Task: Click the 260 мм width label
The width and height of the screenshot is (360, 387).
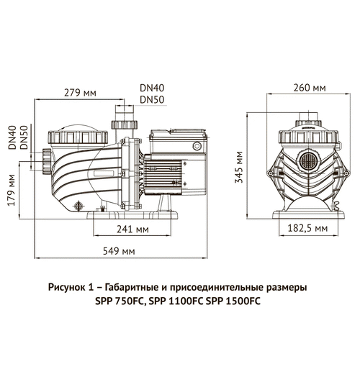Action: [309, 88]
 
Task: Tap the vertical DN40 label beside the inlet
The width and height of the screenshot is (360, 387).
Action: [12, 138]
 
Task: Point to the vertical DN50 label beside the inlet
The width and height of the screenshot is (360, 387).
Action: [24, 138]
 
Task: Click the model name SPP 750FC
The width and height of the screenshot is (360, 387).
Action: [120, 301]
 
